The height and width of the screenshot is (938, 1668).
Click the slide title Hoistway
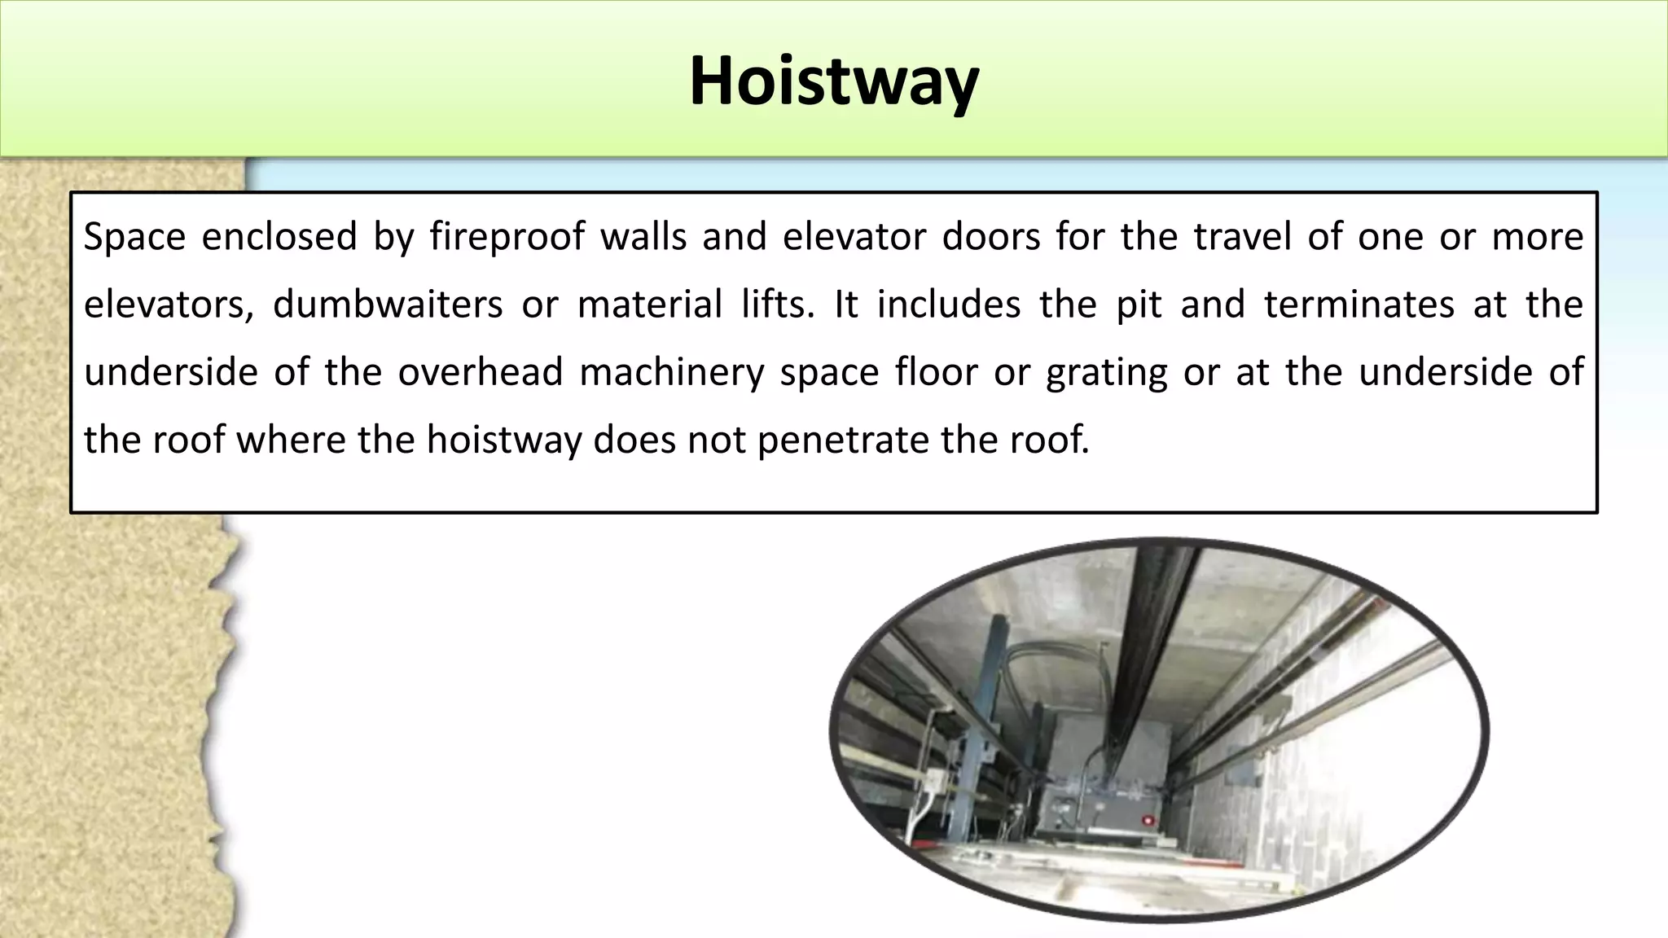coord(833,81)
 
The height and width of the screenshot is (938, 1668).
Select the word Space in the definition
coord(134,237)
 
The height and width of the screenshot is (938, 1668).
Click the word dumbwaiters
coord(388,305)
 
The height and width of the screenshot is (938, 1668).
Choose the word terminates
coord(1359,305)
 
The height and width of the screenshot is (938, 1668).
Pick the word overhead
coord(481,372)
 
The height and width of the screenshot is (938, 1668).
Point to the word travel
coord(1242,237)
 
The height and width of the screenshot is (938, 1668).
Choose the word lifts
coord(777,305)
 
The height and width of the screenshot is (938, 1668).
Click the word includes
coord(948,305)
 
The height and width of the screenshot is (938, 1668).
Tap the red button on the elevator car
coord(1148,820)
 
